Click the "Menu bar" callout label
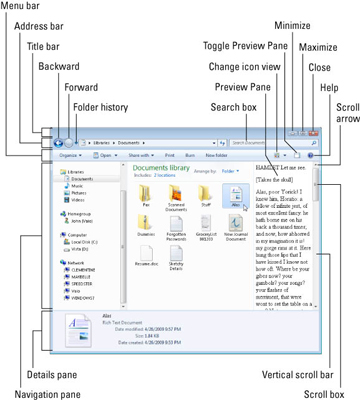pyautogui.click(x=23, y=7)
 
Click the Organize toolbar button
pyautogui.click(x=69, y=156)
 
